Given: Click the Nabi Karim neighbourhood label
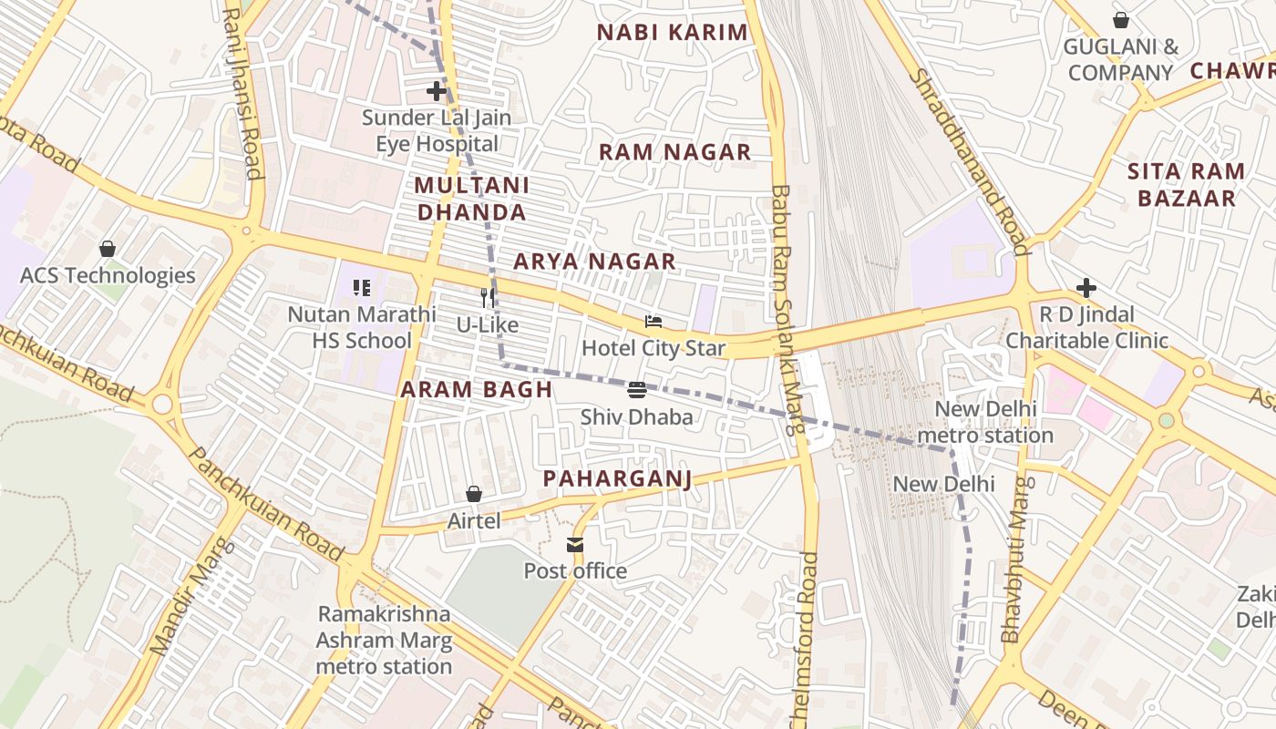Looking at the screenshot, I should tap(672, 33).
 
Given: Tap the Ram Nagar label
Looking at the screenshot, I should tap(674, 152).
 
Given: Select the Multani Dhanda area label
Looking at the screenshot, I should tap(470, 199).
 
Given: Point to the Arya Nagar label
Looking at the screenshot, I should tap(594, 262).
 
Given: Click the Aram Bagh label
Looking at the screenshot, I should tap(477, 390).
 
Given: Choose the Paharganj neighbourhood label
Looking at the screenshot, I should tap(617, 478).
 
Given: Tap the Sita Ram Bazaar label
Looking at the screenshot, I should tap(1186, 184).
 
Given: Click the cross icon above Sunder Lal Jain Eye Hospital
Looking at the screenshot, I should tap(437, 91).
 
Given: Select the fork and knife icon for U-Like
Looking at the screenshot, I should tap(488, 297).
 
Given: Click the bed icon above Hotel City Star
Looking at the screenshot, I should tap(653, 321).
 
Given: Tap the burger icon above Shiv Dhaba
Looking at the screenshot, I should tap(637, 390).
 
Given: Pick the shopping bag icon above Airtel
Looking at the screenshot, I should tap(474, 494).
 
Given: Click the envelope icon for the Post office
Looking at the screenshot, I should tap(574, 545).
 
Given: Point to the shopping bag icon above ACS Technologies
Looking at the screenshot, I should tap(108, 248).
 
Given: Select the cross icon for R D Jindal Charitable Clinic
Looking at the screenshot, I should tap(1086, 288).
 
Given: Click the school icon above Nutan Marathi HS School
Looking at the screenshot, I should tap(362, 288).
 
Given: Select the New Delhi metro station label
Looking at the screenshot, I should tap(985, 423).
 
